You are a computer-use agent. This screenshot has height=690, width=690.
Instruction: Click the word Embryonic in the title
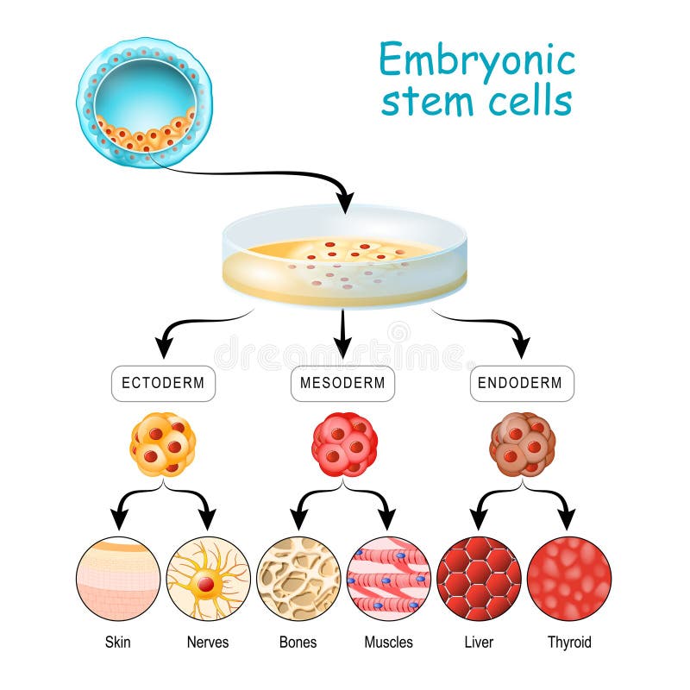[x=477, y=63]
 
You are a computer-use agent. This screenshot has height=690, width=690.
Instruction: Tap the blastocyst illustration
[x=144, y=102]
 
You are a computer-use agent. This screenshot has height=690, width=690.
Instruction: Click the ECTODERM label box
[x=163, y=383]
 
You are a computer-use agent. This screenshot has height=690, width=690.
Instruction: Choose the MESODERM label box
[x=342, y=383]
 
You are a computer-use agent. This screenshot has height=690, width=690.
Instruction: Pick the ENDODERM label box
[x=522, y=383]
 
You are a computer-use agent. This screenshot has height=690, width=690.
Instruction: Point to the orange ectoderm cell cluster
[x=163, y=444]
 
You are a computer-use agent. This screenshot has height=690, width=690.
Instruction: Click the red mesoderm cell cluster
[x=344, y=444]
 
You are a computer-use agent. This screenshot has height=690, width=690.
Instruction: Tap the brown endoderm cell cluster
[x=522, y=444]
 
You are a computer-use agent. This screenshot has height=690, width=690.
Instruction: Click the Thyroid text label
[x=569, y=643]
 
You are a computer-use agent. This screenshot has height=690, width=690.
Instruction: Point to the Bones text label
[x=298, y=643]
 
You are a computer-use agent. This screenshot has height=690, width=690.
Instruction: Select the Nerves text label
[x=208, y=643]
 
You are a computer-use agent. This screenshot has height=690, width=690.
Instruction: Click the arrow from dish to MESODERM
[x=342, y=332]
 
